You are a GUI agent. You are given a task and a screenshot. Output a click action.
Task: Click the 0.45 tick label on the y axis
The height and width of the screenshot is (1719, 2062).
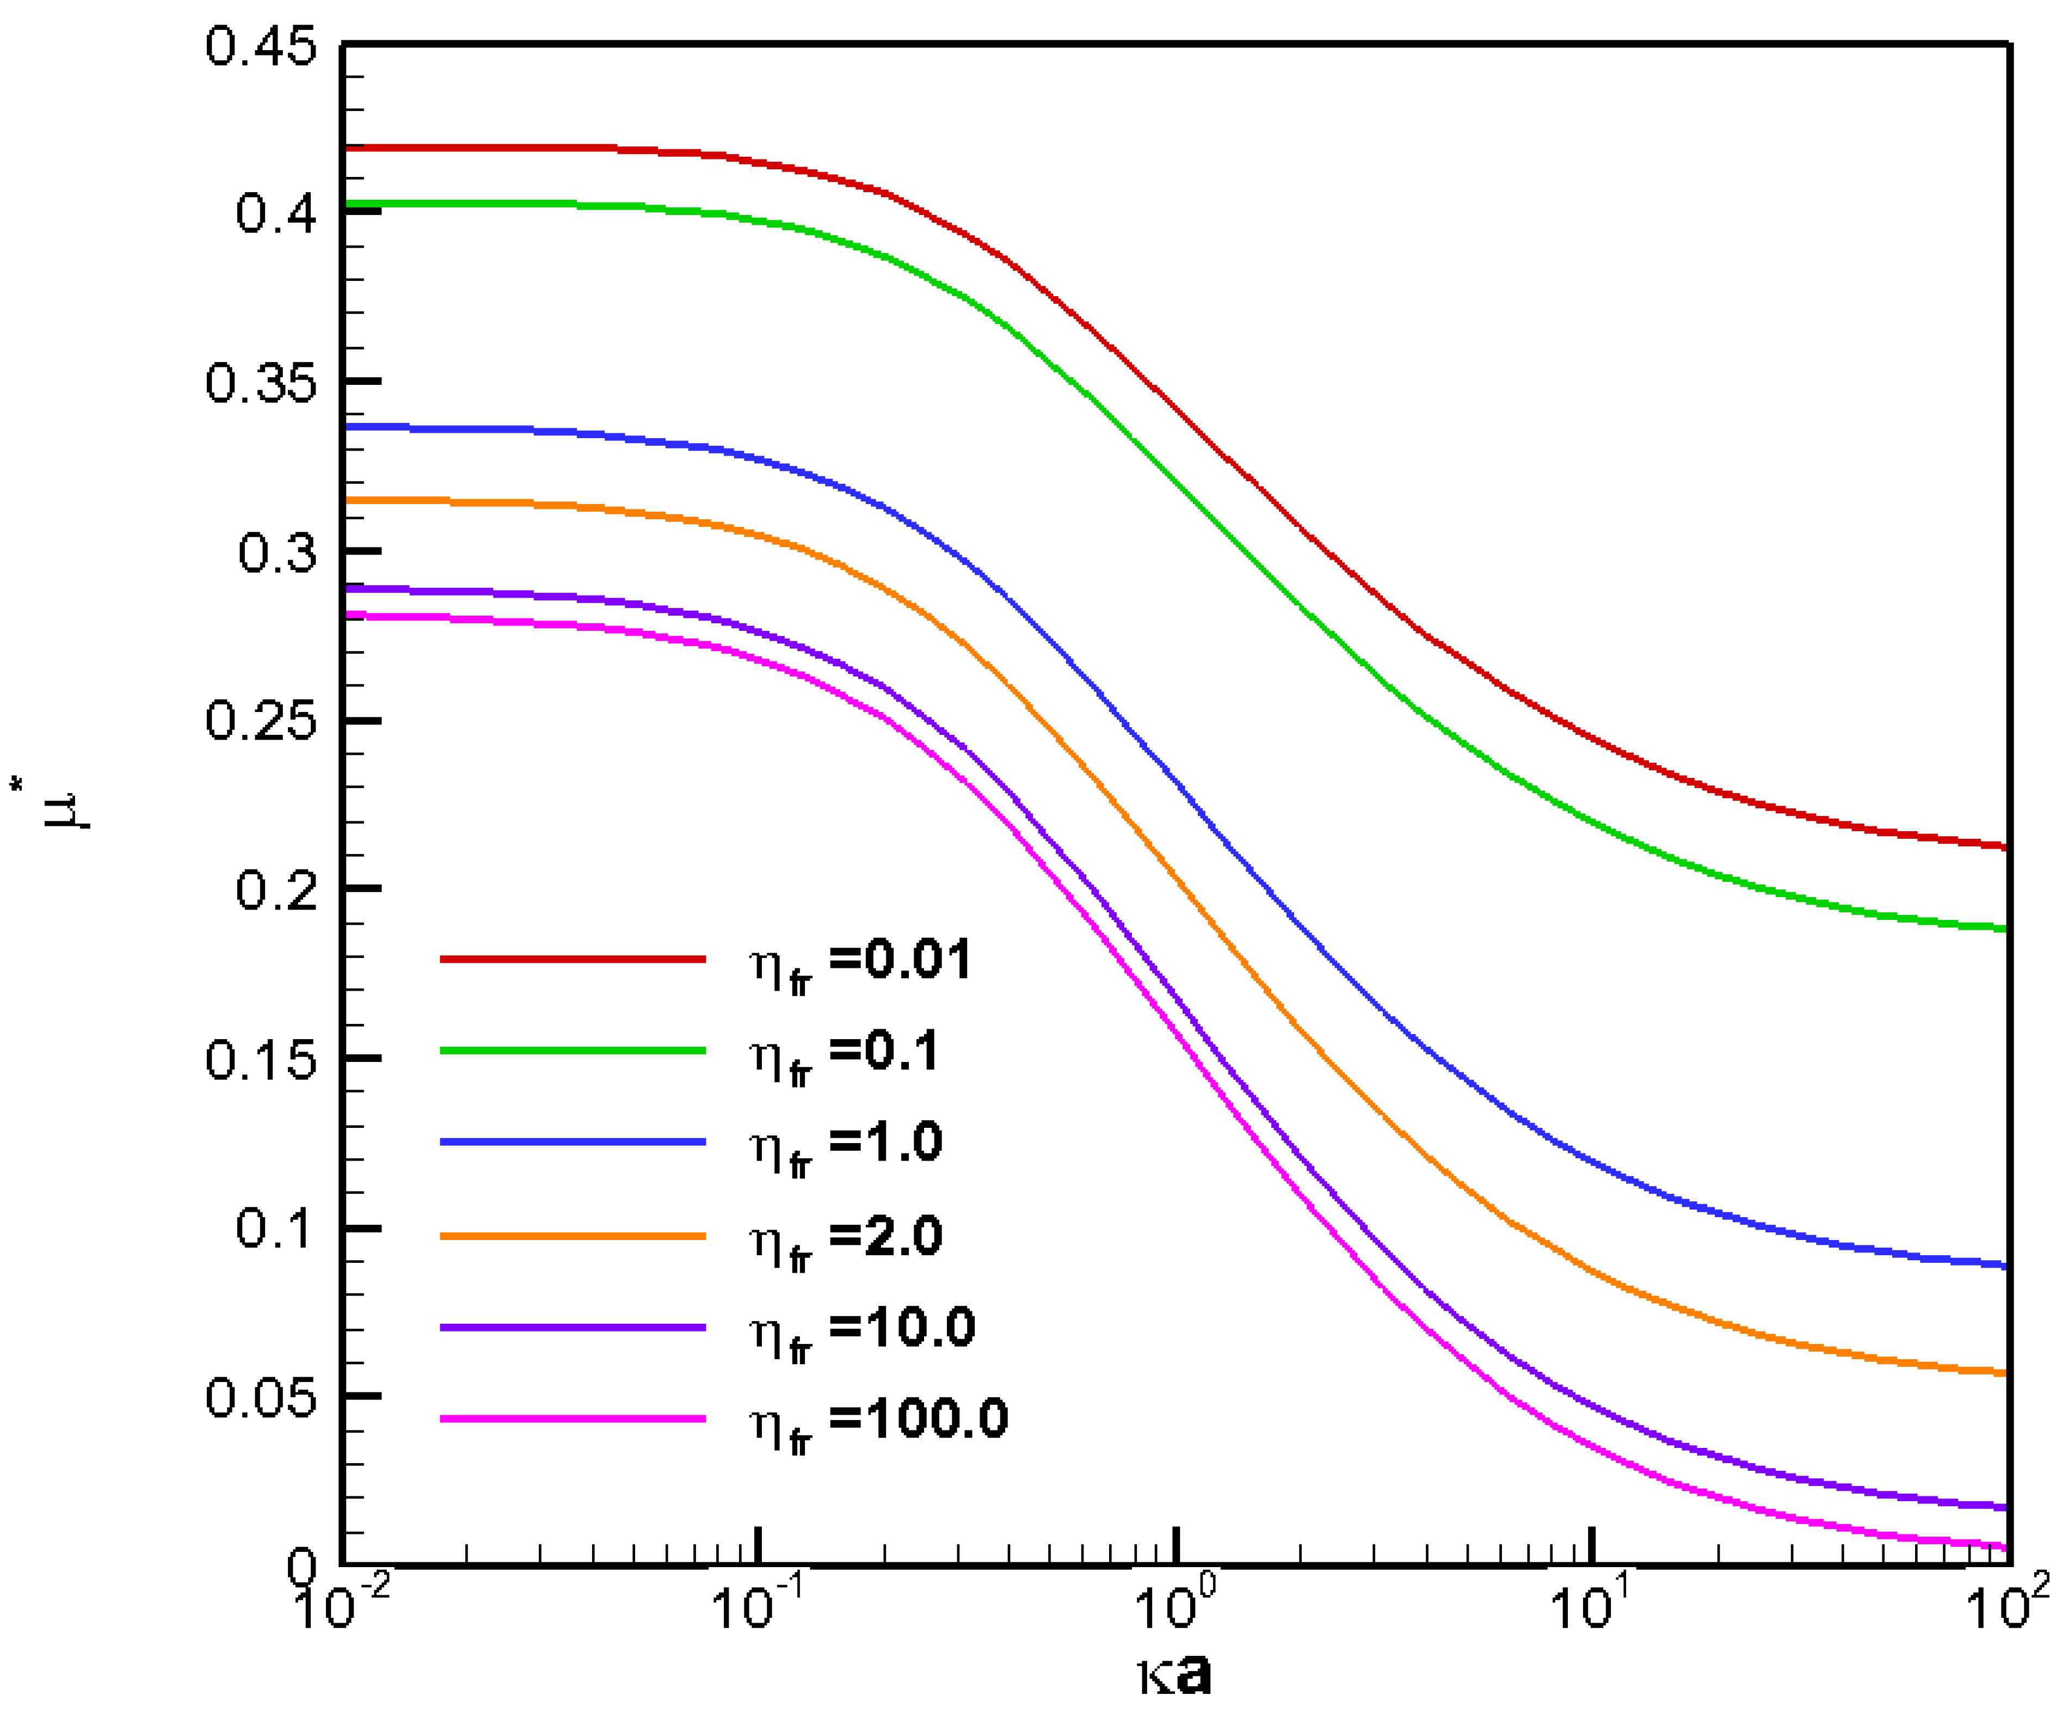pyautogui.click(x=261, y=47)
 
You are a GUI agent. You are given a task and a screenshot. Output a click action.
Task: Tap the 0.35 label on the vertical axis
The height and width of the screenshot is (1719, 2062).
pyautogui.click(x=261, y=383)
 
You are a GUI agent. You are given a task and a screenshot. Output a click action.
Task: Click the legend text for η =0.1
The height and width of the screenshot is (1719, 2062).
pyautogui.click(x=845, y=1053)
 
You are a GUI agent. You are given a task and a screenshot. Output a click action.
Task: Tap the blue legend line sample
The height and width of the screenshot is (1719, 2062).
pyautogui.click(x=573, y=1141)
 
